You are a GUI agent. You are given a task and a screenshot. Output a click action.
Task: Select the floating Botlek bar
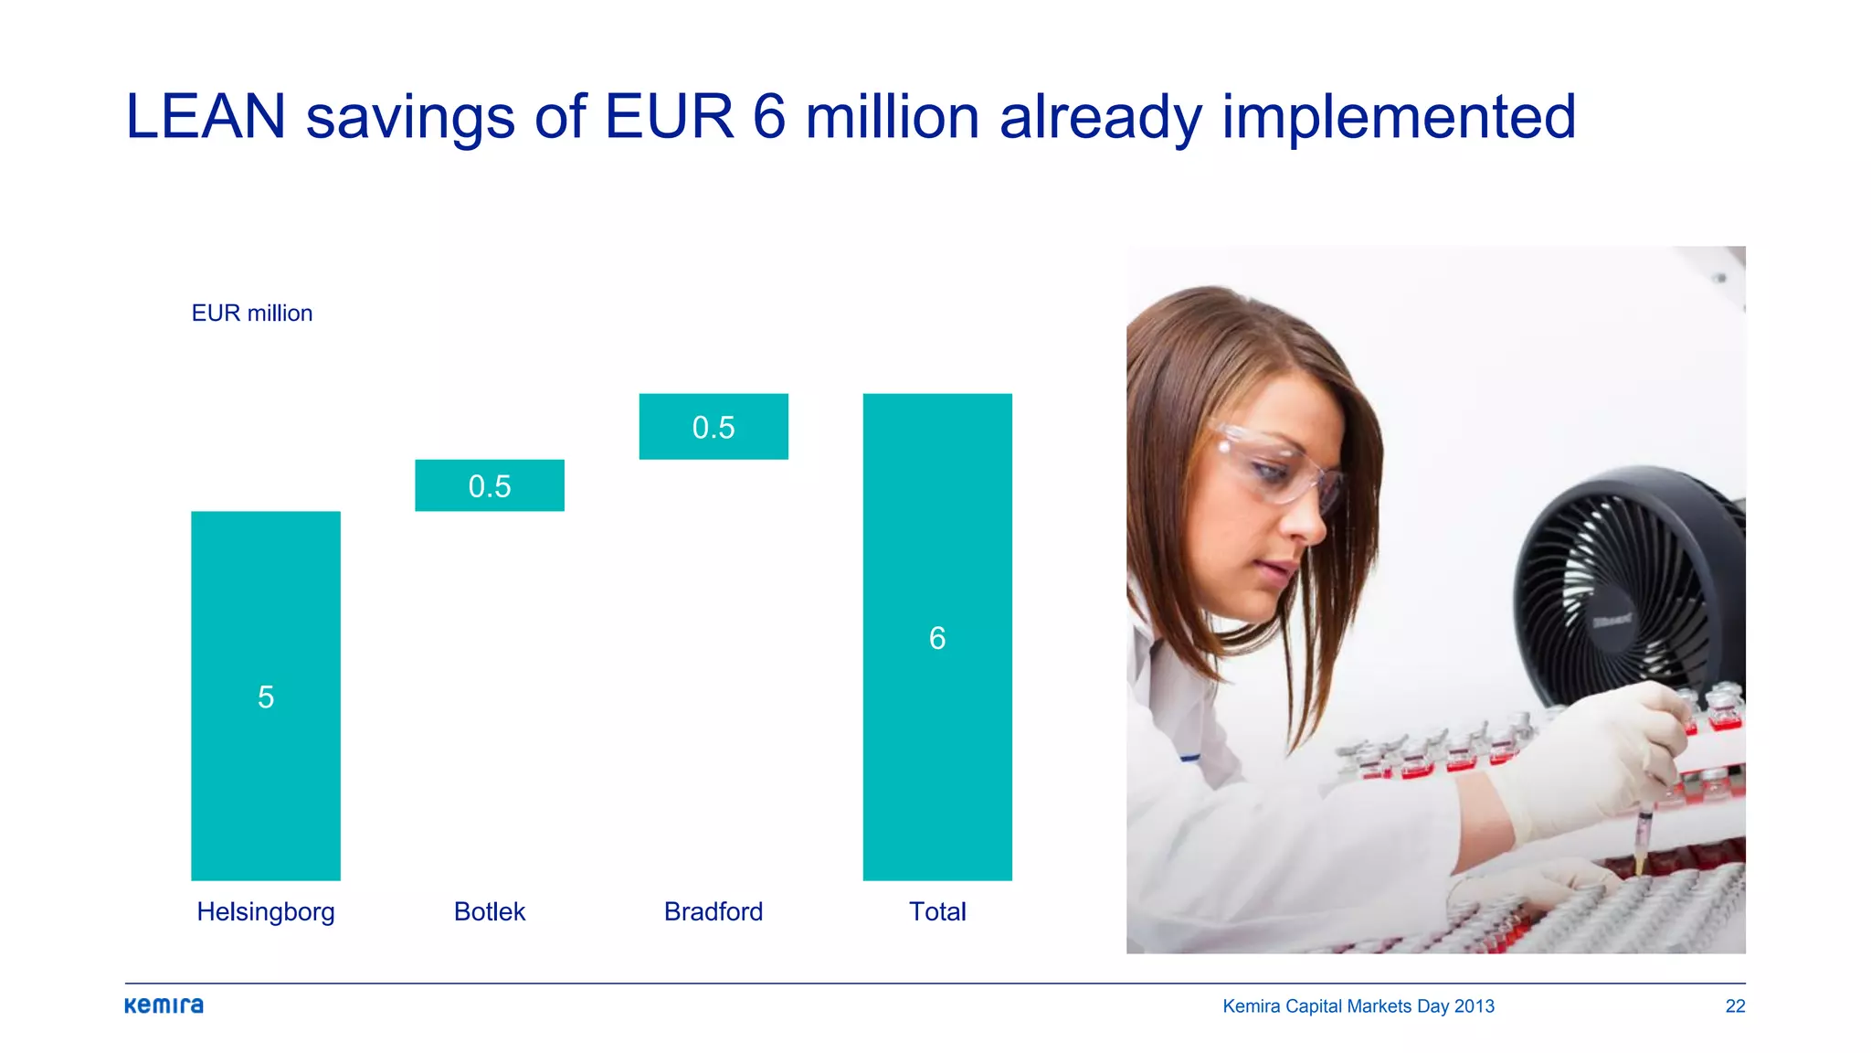[490, 485]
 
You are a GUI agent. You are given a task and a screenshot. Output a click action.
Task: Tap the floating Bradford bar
[714, 427]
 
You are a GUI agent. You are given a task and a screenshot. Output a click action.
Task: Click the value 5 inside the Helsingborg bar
[266, 697]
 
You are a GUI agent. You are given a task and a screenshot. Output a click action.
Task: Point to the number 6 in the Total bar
[937, 638]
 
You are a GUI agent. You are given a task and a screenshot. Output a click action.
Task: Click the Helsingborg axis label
[266, 911]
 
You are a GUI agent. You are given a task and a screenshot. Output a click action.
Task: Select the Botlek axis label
[490, 911]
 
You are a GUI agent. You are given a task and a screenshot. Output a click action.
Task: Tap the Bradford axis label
[714, 911]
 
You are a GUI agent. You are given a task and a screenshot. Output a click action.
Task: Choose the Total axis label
[937, 911]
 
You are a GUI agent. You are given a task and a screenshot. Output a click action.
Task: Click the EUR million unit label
[252, 314]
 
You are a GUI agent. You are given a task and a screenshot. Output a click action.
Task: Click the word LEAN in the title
[206, 117]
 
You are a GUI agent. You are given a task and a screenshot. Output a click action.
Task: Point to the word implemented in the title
[1399, 117]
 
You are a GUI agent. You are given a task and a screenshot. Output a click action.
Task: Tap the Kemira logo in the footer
[164, 1005]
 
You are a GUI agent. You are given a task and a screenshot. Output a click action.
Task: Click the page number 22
[1735, 1006]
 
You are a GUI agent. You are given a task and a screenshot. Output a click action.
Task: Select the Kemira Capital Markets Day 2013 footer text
[1358, 1006]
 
